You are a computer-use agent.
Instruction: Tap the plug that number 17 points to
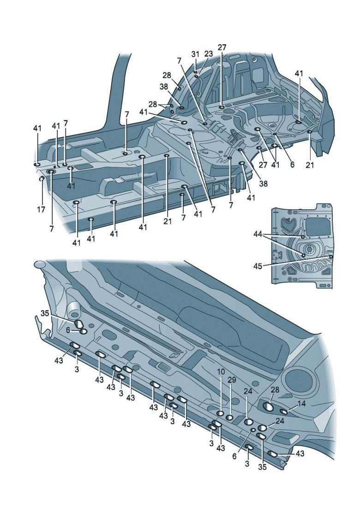[41, 178]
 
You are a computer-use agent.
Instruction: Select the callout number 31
[195, 54]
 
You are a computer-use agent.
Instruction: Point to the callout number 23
[208, 54]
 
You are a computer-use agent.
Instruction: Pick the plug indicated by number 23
[197, 77]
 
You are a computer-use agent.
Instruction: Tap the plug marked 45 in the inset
[331, 256]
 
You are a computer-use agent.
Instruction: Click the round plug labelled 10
[221, 413]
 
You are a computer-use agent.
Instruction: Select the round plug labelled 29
[229, 418]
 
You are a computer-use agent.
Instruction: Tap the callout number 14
[301, 403]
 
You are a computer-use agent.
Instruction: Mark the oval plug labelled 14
[284, 412]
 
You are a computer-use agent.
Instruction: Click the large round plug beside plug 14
[268, 407]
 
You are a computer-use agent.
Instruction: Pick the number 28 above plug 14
[275, 390]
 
